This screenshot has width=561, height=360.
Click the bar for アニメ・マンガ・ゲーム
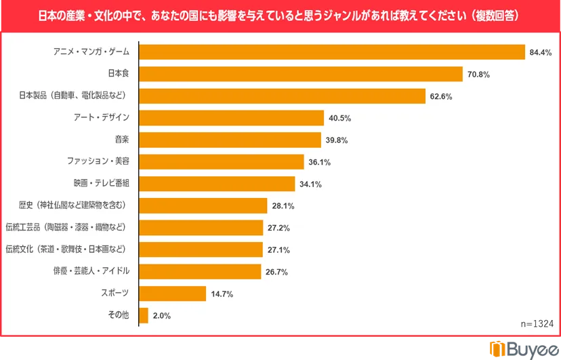(x=332, y=52)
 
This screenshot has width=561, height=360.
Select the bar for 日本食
(x=301, y=74)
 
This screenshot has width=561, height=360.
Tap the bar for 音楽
(x=230, y=140)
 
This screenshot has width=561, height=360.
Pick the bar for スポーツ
(x=173, y=294)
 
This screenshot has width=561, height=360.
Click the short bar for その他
(x=144, y=315)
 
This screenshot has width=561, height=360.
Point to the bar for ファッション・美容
(x=222, y=161)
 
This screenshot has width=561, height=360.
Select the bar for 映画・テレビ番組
(x=217, y=184)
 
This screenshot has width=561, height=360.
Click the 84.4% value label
(x=541, y=53)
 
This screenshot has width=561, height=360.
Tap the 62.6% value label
(x=440, y=96)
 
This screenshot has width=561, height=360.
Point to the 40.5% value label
(x=339, y=118)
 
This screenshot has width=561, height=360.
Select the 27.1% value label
(x=278, y=250)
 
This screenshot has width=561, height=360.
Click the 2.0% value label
(x=162, y=316)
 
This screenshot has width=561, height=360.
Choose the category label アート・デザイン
(x=101, y=118)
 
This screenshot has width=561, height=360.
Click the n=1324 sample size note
(x=537, y=325)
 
